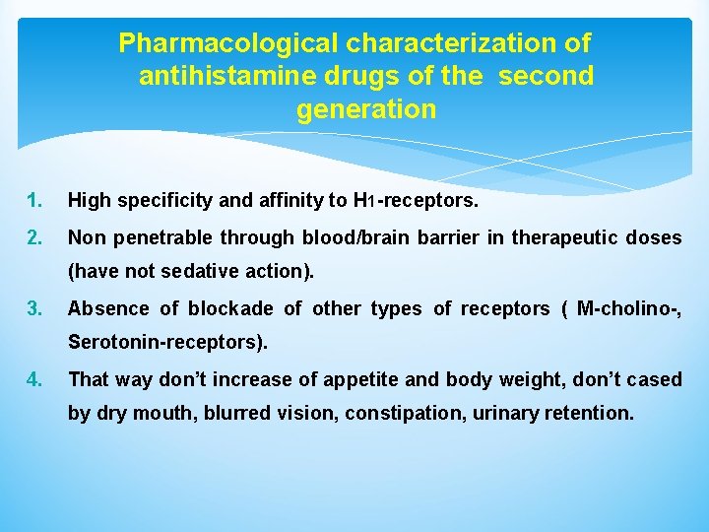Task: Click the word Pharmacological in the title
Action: coord(226,44)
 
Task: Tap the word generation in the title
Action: coord(365,109)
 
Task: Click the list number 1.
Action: coord(35,201)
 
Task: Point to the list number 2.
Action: coord(35,237)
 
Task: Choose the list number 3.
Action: coord(35,308)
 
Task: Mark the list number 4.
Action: coord(35,379)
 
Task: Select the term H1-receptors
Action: coord(415,201)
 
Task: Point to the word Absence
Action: coord(105,308)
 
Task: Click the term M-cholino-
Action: coord(629,308)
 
